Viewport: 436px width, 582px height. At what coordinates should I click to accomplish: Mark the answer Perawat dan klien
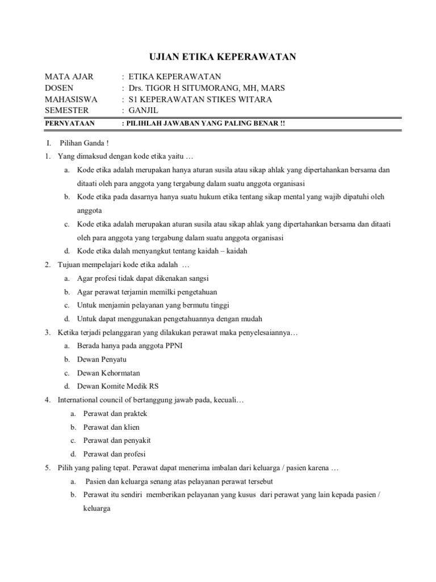click(x=111, y=427)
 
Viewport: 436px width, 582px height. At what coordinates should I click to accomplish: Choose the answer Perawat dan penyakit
click(x=117, y=440)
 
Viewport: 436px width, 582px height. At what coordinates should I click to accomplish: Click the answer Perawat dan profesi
click(x=114, y=454)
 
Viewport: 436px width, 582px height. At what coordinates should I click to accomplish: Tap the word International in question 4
click(x=79, y=400)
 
